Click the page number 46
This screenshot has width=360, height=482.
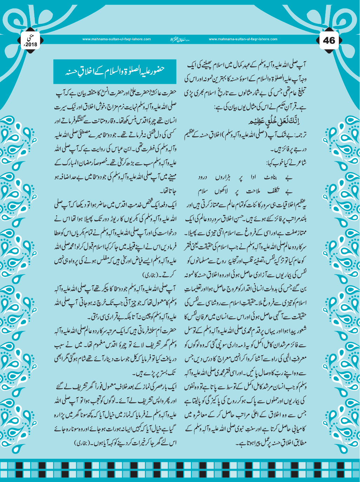(x=329, y=41)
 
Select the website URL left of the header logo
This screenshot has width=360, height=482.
(x=116, y=39)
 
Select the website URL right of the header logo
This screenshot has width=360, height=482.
(x=243, y=39)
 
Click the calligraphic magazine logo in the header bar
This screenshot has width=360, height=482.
(x=180, y=39)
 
